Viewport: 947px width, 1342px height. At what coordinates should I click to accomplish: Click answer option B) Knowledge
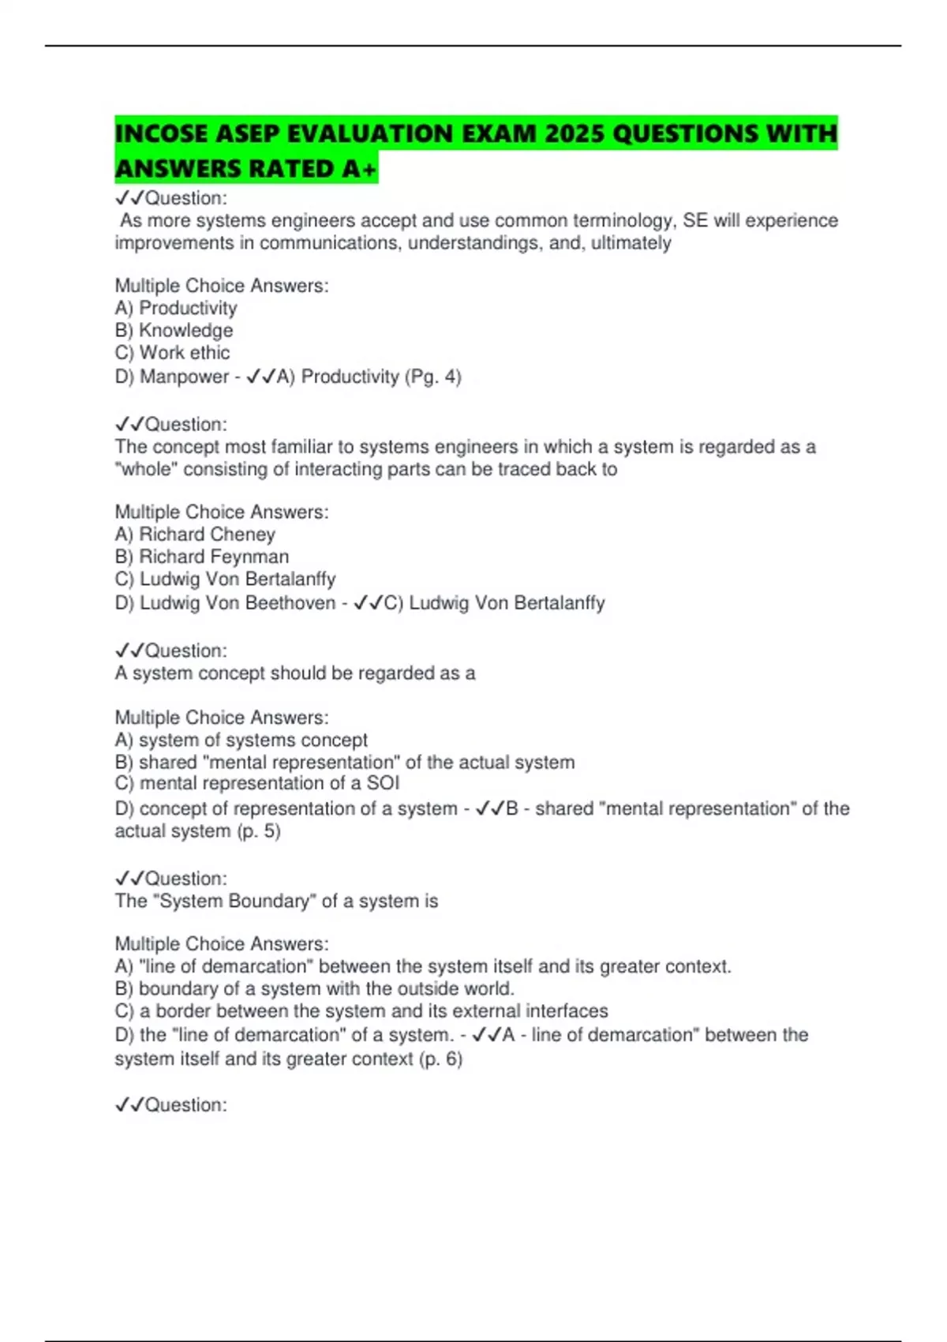174,330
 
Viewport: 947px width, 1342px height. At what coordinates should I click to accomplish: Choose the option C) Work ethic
172,352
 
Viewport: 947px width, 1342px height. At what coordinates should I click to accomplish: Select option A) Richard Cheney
195,534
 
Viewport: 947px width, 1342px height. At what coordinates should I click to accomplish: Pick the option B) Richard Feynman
201,557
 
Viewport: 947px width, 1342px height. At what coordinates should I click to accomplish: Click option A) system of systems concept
241,740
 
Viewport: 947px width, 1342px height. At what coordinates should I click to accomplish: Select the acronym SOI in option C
384,783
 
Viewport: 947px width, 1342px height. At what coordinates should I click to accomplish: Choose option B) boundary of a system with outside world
314,988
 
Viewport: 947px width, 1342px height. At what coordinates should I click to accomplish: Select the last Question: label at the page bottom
170,1104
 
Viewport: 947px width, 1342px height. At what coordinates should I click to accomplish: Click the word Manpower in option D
184,377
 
